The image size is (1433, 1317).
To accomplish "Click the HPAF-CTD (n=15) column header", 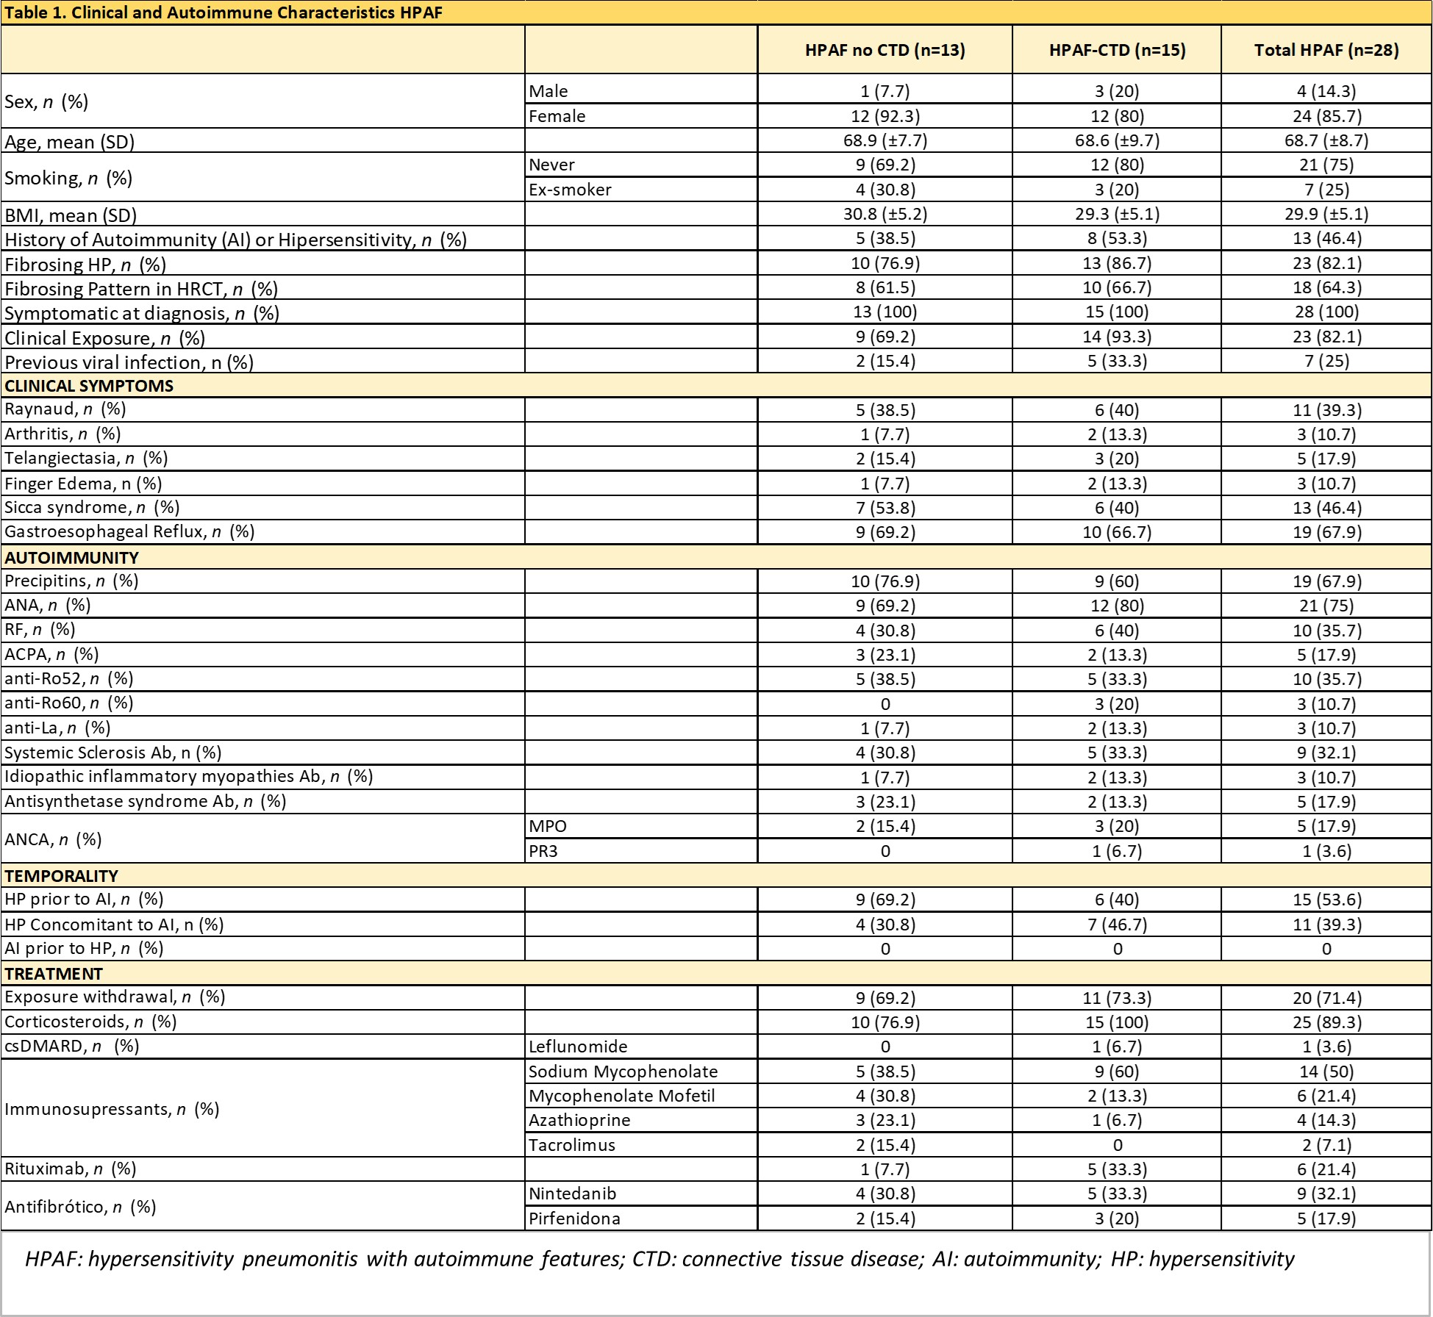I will tap(1117, 50).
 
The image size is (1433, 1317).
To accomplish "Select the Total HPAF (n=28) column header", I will tap(1326, 50).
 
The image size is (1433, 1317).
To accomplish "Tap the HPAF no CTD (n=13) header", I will tap(885, 50).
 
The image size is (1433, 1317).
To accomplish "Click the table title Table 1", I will tap(224, 12).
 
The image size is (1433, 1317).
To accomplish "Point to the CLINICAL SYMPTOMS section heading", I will tap(89, 386).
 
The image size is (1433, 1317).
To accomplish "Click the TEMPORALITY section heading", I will tap(61, 875).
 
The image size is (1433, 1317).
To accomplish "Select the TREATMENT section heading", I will tap(54, 974).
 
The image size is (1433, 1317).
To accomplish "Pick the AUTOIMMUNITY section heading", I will tap(71, 557).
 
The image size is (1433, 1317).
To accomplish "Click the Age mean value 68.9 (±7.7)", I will tap(885, 140).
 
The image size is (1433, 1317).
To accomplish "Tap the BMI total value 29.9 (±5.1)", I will tap(1326, 214).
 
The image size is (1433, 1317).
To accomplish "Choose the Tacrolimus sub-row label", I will tap(571, 1145).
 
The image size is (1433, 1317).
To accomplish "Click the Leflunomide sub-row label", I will tap(578, 1047).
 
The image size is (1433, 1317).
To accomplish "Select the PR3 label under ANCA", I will tap(543, 851).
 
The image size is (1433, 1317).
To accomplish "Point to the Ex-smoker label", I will tap(570, 190).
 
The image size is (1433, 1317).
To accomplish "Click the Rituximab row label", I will tap(70, 1169).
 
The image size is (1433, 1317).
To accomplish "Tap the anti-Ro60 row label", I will tap(68, 703).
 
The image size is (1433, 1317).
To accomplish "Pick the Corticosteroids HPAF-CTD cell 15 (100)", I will tap(1117, 1022).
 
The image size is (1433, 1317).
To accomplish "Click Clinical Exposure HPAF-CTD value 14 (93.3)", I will tap(1117, 337).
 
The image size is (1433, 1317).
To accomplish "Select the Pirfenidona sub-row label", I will tap(574, 1219).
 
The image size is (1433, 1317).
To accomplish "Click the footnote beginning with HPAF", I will tap(660, 1259).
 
